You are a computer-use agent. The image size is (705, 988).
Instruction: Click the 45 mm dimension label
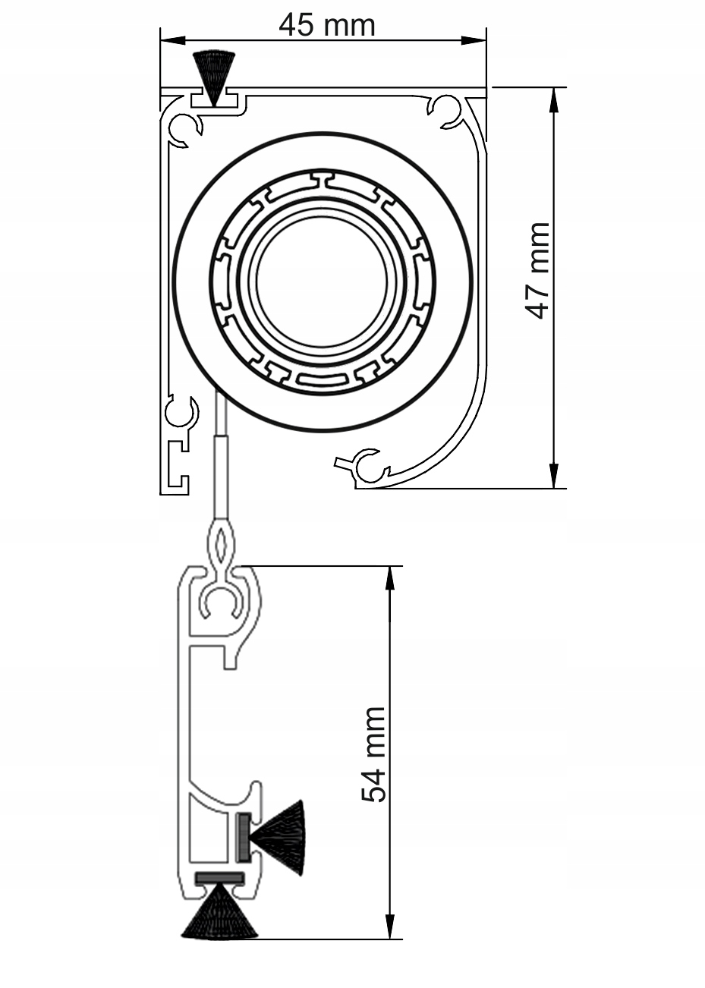327,25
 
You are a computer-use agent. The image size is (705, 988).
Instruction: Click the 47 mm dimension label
538,270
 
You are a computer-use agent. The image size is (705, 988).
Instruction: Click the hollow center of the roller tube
322,282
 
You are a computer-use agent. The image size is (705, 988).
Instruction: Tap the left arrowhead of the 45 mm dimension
172,40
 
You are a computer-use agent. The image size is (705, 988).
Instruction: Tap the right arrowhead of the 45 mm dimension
474,40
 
